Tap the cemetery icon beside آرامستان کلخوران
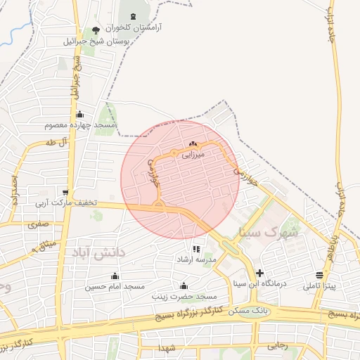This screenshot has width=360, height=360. (134, 15)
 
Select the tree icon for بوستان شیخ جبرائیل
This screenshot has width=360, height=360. (96, 30)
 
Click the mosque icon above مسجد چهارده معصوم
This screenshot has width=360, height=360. (79, 114)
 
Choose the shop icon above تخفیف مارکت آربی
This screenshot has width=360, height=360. (65, 192)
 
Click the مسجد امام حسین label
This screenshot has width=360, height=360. (115, 287)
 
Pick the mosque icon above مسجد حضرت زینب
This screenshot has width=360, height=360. (184, 285)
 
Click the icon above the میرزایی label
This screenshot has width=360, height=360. (193, 143)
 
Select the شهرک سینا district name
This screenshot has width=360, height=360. (269, 231)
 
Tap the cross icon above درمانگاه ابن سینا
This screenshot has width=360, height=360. (260, 273)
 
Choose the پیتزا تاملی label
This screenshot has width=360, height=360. (320, 287)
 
